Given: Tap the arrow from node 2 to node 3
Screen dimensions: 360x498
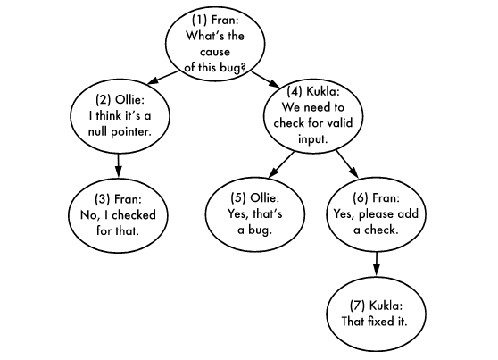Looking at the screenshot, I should click(119, 165).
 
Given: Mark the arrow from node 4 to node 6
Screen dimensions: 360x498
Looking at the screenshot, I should click(345, 164).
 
